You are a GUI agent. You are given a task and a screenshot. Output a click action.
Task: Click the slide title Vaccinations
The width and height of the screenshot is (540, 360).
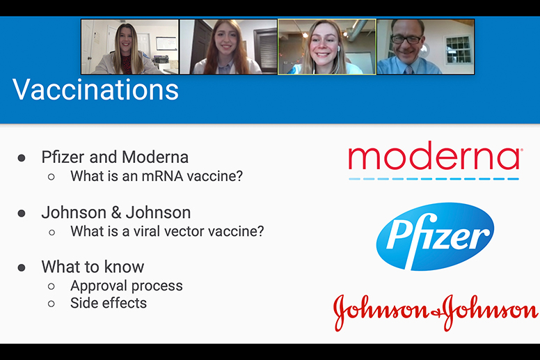[x=95, y=91]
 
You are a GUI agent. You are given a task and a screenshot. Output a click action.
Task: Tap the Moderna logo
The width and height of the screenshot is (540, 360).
[x=434, y=159]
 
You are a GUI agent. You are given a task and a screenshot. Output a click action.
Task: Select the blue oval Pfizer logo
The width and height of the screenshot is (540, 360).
[x=435, y=237]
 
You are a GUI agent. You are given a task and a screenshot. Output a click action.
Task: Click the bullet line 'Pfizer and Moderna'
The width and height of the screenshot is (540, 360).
[x=115, y=157]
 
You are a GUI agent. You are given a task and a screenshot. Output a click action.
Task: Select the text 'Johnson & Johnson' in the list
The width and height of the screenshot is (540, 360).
[x=116, y=212]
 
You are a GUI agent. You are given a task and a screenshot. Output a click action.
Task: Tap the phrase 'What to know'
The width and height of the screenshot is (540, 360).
[x=93, y=267]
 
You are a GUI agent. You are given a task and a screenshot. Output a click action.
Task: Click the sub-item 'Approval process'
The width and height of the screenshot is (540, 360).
[x=127, y=285]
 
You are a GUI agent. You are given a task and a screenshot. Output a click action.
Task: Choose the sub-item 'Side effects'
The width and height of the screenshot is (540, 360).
[x=109, y=303]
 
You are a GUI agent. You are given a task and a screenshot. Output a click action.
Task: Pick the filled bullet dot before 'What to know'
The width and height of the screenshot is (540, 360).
[x=22, y=267]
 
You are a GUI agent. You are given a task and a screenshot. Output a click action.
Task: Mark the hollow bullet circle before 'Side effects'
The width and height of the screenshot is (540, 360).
[x=51, y=304]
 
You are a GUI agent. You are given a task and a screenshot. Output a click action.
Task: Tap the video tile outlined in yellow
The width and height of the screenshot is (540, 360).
[x=327, y=47]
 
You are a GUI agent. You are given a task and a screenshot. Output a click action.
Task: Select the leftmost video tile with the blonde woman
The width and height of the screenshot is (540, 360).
[x=129, y=47]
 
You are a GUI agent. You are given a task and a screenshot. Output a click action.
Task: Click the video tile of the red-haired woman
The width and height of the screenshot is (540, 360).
[x=228, y=47]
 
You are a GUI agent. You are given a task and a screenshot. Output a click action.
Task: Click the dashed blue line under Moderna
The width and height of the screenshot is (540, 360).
[x=434, y=180]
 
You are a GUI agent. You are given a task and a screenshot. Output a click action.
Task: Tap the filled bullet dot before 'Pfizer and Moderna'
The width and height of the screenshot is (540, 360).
[x=22, y=158]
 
